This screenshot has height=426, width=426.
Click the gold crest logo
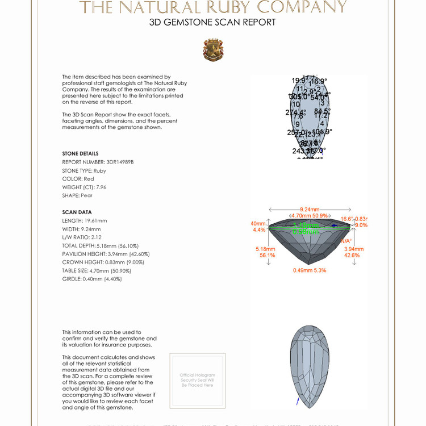click(x=213, y=50)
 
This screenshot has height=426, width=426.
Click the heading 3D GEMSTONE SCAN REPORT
click(x=212, y=23)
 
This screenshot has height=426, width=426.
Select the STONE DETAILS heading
click(x=80, y=154)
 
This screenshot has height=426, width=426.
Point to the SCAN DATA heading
click(x=77, y=212)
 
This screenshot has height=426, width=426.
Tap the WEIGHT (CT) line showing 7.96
click(x=84, y=187)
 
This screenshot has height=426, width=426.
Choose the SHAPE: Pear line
click(x=77, y=195)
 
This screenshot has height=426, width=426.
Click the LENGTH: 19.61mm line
click(x=85, y=220)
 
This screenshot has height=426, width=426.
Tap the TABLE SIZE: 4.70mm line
click(x=97, y=271)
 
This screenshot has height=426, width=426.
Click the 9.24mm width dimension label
click(x=310, y=209)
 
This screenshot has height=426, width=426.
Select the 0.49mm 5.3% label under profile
click(x=310, y=270)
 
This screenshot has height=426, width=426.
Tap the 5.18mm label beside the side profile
click(x=265, y=249)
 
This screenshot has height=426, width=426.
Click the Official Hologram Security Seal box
click(x=198, y=380)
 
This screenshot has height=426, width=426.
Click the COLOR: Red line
click(x=78, y=179)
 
